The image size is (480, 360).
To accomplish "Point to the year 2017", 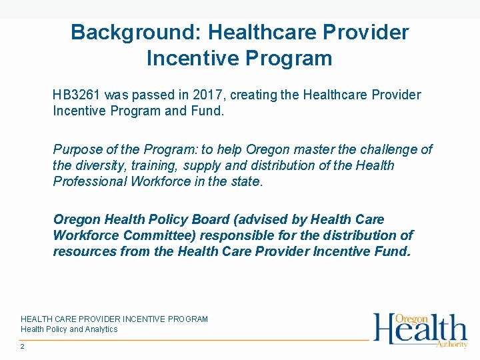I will [x=195, y=95].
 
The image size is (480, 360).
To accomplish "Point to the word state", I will [x=246, y=181].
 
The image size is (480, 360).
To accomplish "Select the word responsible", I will [x=252, y=235].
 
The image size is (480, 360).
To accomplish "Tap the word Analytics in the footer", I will [x=101, y=329].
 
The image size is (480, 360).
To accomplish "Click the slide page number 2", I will [x=23, y=347].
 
